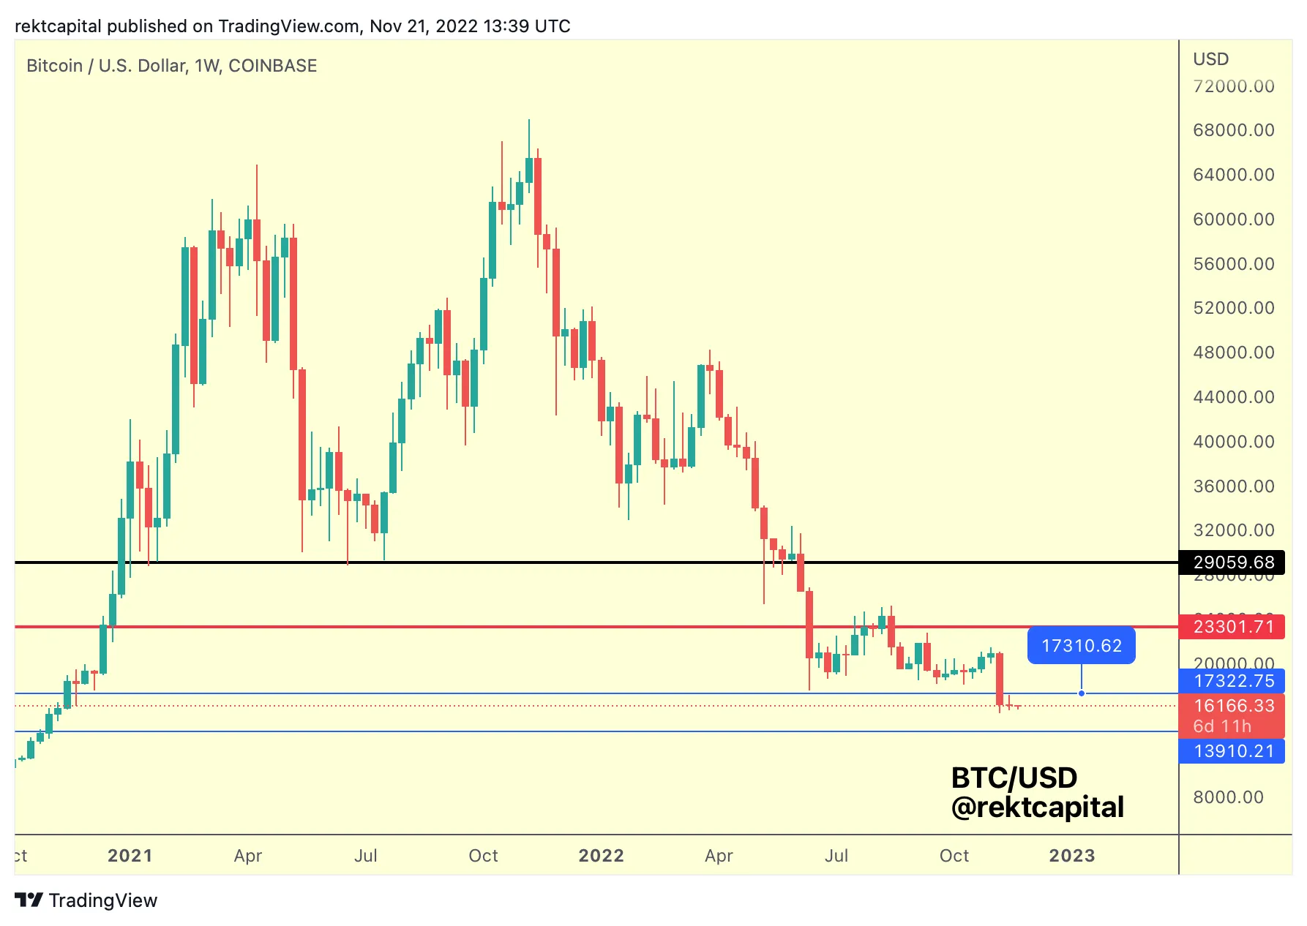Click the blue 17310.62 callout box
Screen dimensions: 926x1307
pos(1081,646)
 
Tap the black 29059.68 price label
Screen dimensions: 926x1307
pos(1233,562)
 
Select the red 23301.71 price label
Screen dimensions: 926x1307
pos(1233,627)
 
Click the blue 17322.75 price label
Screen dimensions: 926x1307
pos(1233,681)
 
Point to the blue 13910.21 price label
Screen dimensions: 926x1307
pos(1233,751)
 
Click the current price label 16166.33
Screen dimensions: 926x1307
pos(1233,706)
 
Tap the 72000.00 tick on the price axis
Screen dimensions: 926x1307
pos(1233,86)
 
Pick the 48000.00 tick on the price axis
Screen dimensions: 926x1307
pos(1233,353)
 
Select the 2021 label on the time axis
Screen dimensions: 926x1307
pos(130,856)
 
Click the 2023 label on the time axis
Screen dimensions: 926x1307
pos(1071,856)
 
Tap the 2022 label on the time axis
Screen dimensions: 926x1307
pos(601,856)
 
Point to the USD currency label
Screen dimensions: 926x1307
pos(1210,59)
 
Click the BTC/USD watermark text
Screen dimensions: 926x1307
pos(1014,778)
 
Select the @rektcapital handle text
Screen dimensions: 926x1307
pos(1037,808)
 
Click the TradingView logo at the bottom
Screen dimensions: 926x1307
pos(86,900)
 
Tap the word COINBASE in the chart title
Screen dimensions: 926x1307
pos(272,66)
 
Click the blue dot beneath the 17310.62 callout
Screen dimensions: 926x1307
pos(1081,693)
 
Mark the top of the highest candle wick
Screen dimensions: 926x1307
pos(529,120)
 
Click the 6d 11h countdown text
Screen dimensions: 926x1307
pos(1222,726)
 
